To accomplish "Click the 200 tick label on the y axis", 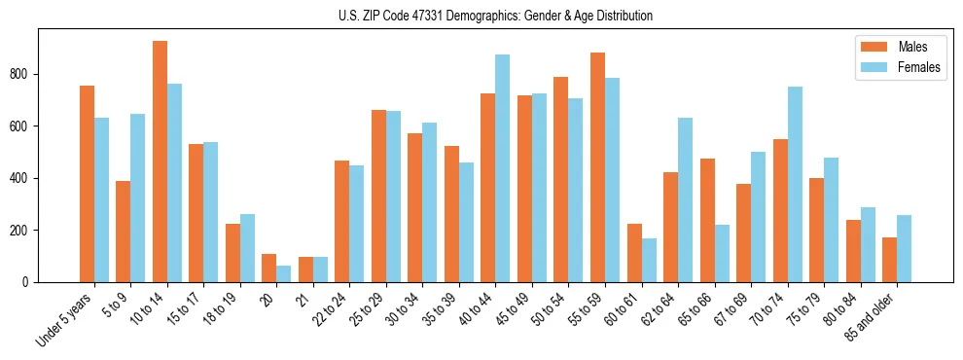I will pyautogui.click(x=27, y=231).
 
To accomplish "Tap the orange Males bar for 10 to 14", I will pyautogui.click(x=160, y=162).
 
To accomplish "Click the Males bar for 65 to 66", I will pyautogui.click(x=707, y=221).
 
